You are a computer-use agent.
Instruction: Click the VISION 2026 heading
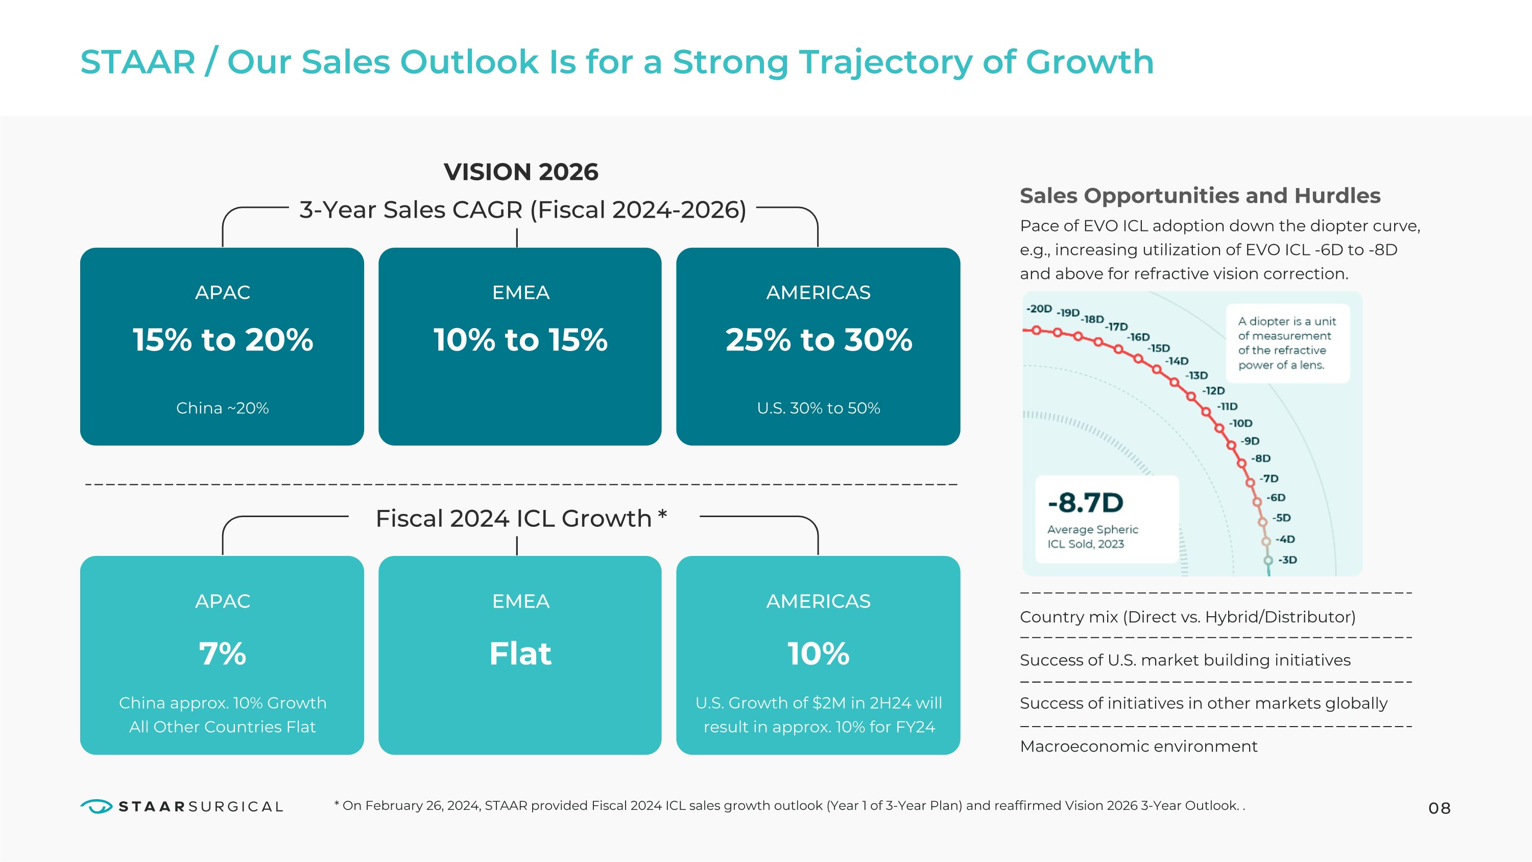[x=521, y=172]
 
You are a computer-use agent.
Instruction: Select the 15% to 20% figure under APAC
[x=223, y=340]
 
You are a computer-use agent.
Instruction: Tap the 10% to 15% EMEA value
[x=520, y=340]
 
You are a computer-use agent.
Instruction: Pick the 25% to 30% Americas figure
[x=818, y=340]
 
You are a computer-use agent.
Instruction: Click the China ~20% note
[x=223, y=408]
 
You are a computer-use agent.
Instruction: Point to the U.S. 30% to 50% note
[x=818, y=408]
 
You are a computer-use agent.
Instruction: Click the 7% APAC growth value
[x=223, y=654]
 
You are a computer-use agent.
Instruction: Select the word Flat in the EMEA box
[x=520, y=654]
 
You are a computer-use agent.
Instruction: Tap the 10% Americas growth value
[x=818, y=654]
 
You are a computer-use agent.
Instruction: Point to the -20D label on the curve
[x=1039, y=309]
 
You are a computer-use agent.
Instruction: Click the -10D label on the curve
[x=1241, y=424]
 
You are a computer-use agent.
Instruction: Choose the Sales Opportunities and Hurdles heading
[x=1200, y=196]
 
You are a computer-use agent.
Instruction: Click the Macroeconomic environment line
[x=1138, y=747]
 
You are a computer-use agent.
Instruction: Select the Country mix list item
[x=1187, y=617]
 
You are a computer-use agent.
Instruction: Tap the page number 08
[x=1439, y=808]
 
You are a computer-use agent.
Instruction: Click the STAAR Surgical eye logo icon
[x=96, y=806]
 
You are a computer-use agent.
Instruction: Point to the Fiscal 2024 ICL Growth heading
[x=521, y=518]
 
